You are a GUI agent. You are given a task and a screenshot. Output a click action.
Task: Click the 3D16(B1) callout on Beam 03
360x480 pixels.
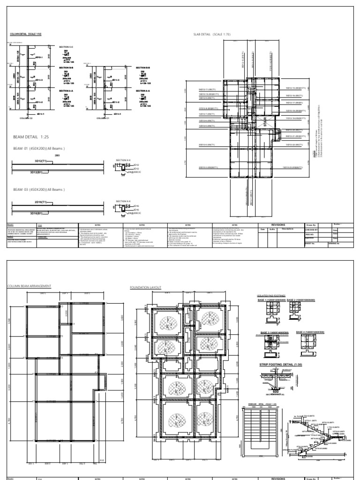(x=36, y=213)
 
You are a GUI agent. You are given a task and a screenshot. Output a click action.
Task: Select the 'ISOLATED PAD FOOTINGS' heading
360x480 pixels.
(x=272, y=296)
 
